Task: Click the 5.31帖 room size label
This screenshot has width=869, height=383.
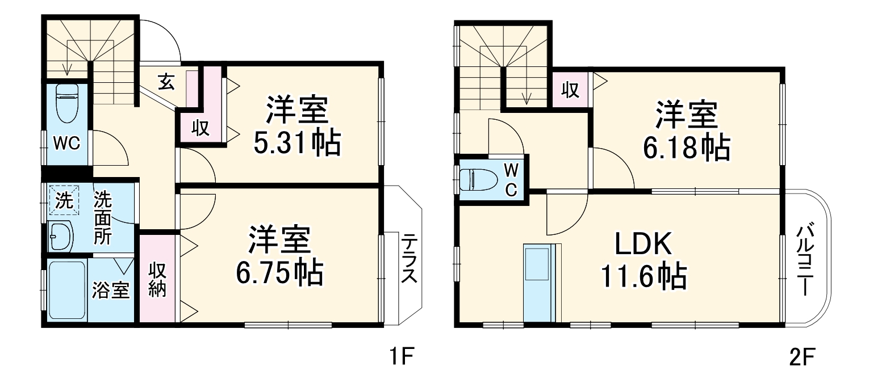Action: pyautogui.click(x=296, y=145)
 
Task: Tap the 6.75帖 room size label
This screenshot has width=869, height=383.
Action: pyautogui.click(x=279, y=273)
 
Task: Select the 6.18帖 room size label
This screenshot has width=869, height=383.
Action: pyautogui.click(x=686, y=149)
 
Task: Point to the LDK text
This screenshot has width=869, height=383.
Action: pyautogui.click(x=644, y=245)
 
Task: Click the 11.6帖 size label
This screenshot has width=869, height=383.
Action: pyautogui.click(x=643, y=277)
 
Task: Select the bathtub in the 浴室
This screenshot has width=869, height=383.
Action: pyautogui.click(x=67, y=290)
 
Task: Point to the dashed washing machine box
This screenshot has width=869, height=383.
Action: pyautogui.click(x=64, y=201)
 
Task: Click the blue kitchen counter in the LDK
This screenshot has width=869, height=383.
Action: pyautogui.click(x=537, y=281)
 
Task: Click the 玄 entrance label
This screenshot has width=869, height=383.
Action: pyautogui.click(x=166, y=83)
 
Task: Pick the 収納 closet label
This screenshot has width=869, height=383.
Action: pyautogui.click(x=157, y=280)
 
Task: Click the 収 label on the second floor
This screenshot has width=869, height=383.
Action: pyautogui.click(x=570, y=90)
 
